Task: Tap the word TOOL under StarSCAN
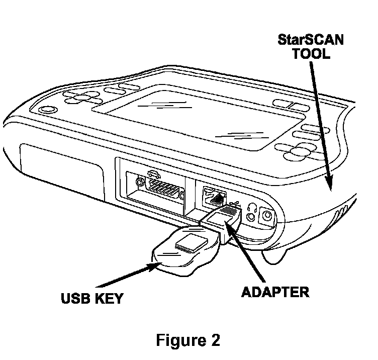(312, 54)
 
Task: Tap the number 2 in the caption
(215, 340)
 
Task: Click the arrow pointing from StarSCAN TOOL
(321, 126)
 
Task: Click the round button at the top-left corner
(46, 110)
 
